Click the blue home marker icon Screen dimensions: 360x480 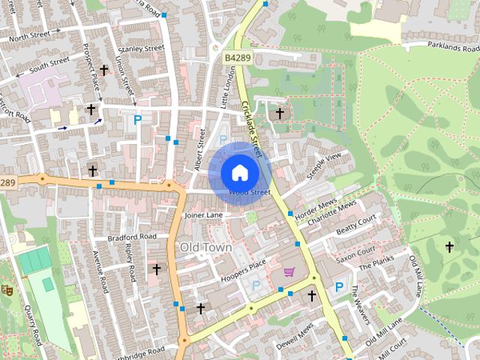click(x=239, y=172)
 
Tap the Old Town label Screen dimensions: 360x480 click(x=205, y=247)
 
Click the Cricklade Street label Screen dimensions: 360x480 click(x=255, y=124)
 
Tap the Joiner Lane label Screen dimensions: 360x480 click(x=203, y=215)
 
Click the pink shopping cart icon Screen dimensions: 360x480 click(x=289, y=271)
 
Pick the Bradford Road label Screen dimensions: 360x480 click(x=131, y=237)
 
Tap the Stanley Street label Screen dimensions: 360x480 click(x=142, y=49)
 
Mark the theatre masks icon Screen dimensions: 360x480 click(x=7, y=289)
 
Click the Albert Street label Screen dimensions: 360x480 click(x=199, y=150)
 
